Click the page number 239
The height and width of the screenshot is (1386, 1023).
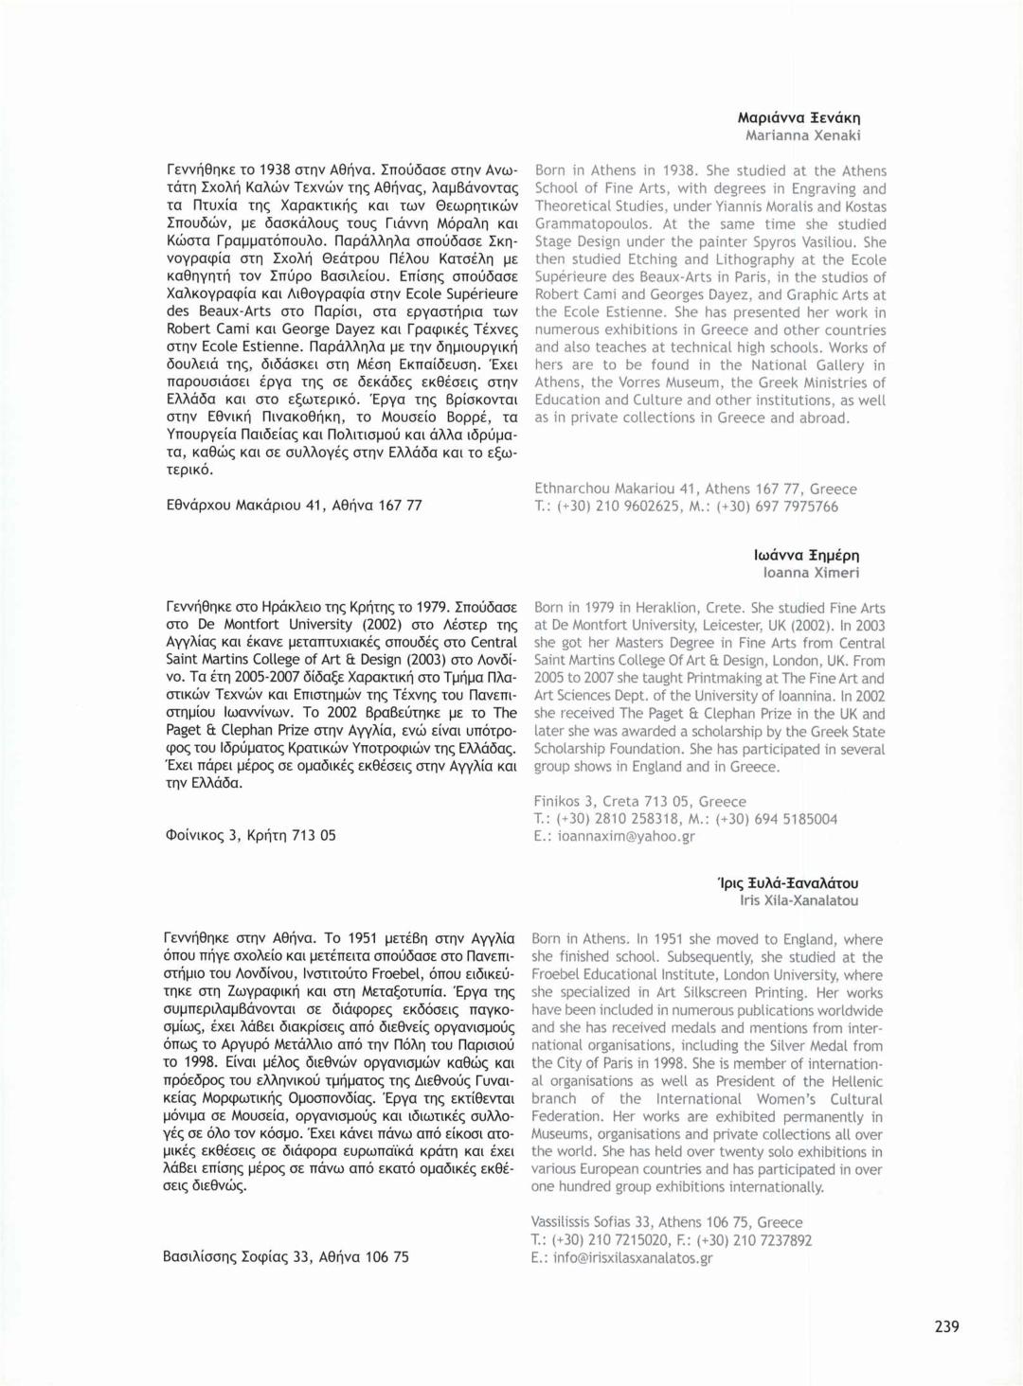(946, 1326)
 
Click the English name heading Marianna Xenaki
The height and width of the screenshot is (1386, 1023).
(802, 135)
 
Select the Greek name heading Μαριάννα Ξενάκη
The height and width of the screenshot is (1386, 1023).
(799, 118)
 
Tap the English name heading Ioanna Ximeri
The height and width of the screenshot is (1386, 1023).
(811, 573)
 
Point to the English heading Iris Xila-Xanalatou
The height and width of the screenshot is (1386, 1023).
(799, 900)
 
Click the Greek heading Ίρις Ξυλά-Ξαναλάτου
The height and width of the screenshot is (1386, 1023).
(788, 883)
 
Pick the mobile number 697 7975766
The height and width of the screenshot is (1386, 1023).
(792, 506)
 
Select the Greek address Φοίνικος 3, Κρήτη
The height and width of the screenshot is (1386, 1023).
(250, 835)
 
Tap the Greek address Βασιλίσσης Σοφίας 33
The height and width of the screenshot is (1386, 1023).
(285, 1257)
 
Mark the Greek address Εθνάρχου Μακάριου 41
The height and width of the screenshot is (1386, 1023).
(294, 505)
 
